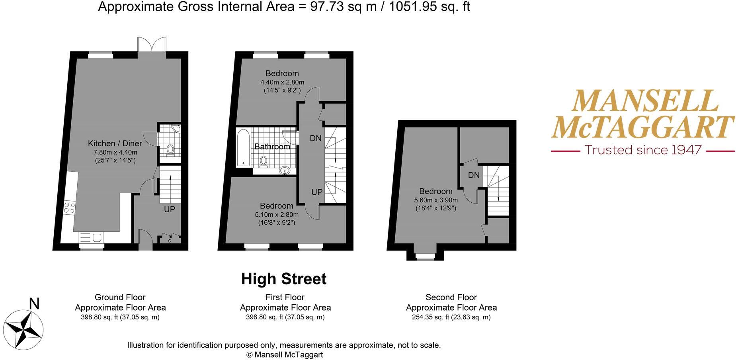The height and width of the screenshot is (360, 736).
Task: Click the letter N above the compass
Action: coord(35,304)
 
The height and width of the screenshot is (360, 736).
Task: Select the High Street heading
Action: coord(283,279)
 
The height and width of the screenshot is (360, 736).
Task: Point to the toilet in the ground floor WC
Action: coord(170,150)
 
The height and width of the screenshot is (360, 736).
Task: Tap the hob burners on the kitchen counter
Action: coord(69,207)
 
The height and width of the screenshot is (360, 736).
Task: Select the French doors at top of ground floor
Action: coord(152,44)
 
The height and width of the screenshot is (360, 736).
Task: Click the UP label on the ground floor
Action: coord(170,209)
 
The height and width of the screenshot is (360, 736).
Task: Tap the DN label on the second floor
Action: coord(474,175)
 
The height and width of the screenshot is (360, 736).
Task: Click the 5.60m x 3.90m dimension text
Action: coord(436,200)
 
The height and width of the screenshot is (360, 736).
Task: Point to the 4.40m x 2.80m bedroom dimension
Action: coord(282,82)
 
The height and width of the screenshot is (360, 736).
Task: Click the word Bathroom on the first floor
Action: coord(272,147)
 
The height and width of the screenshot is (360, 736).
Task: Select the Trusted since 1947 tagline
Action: coord(642,150)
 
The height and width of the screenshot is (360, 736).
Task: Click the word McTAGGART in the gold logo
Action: coord(642,127)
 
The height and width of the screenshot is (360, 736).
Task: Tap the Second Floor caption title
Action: coord(451,297)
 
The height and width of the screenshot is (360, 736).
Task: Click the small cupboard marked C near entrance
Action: coord(170,240)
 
